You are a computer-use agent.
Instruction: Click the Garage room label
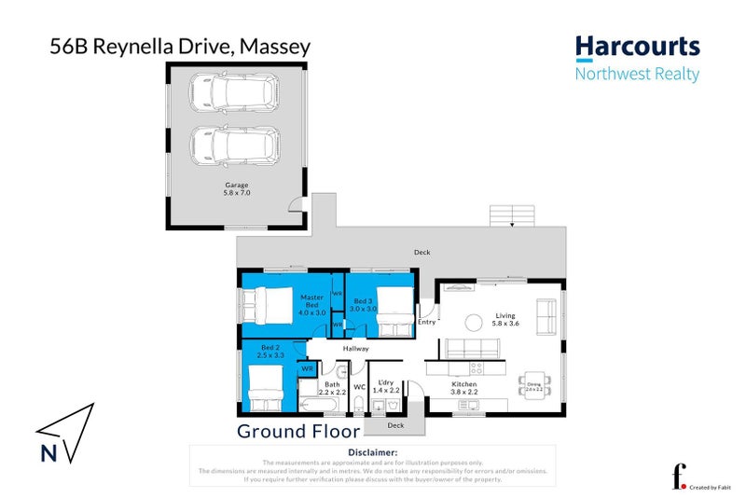click(x=236, y=188)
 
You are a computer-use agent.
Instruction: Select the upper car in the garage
click(x=236, y=92)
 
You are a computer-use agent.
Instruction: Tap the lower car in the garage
click(x=236, y=145)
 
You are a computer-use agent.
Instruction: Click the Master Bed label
click(x=311, y=306)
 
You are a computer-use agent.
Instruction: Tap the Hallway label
click(x=356, y=349)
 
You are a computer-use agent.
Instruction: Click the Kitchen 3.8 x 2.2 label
click(x=464, y=389)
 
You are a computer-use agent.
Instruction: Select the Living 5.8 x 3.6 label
click(x=504, y=320)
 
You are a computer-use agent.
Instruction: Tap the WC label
click(x=359, y=386)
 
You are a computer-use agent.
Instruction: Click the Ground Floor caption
click(x=298, y=431)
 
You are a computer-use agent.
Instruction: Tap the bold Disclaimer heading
click(x=372, y=452)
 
